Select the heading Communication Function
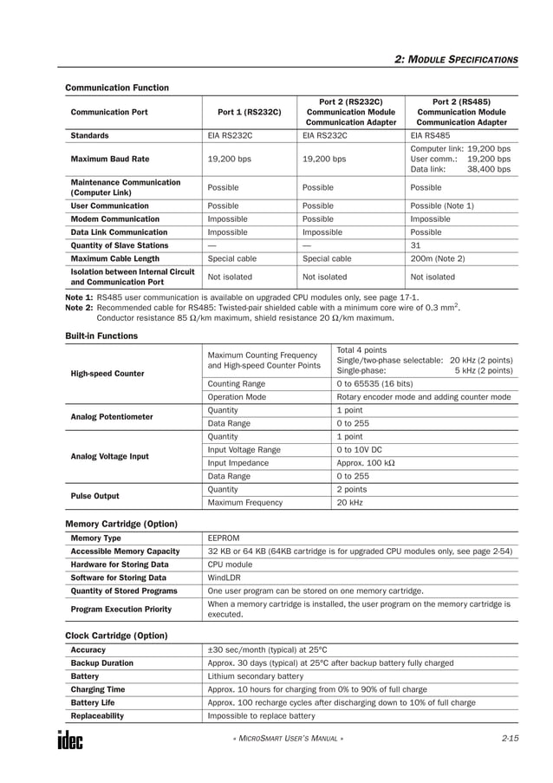pyautogui.click(x=117, y=88)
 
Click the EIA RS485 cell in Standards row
pyautogui.click(x=430, y=136)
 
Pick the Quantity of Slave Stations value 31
pyautogui.click(x=415, y=245)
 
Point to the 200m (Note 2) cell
pyautogui.click(x=437, y=258)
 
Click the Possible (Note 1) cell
pyautogui.click(x=441, y=206)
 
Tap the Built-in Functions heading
pyautogui.click(x=101, y=335)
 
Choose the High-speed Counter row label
pyautogui.click(x=107, y=374)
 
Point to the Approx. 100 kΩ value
pyautogui.click(x=365, y=463)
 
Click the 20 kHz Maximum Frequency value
pyautogui.click(x=349, y=502)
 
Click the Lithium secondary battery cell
pyautogui.click(x=255, y=675)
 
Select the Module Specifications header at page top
pyautogui.click(x=456, y=59)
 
